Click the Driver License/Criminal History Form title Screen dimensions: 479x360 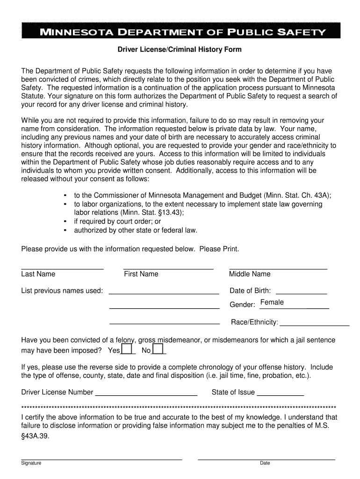[179, 49]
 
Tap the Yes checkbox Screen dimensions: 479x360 [126, 349]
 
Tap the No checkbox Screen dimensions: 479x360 [158, 349]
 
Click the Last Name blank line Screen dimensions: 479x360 [62, 268]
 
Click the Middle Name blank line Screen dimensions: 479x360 [278, 268]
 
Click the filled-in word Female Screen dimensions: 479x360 [272, 302]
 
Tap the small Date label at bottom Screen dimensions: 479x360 [265, 463]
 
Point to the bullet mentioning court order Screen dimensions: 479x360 [117, 221]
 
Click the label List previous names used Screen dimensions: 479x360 [62, 291]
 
